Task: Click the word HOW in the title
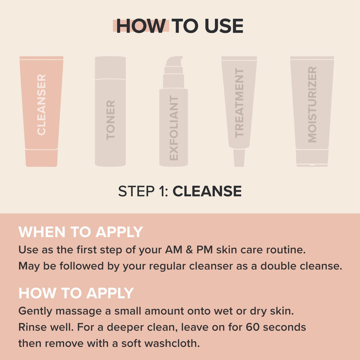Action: tap(140, 26)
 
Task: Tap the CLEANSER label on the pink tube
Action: tap(41, 104)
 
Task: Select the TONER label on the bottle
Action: tap(110, 119)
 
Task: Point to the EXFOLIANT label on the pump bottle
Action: tap(173, 128)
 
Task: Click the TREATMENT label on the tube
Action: tap(239, 102)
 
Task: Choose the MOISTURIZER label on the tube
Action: tap(312, 104)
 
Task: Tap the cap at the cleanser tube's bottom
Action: tap(41, 159)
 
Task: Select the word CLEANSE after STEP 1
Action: tap(207, 191)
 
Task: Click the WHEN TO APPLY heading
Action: tap(80, 232)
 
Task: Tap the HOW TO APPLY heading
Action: tap(76, 293)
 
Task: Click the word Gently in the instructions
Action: tap(34, 310)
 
